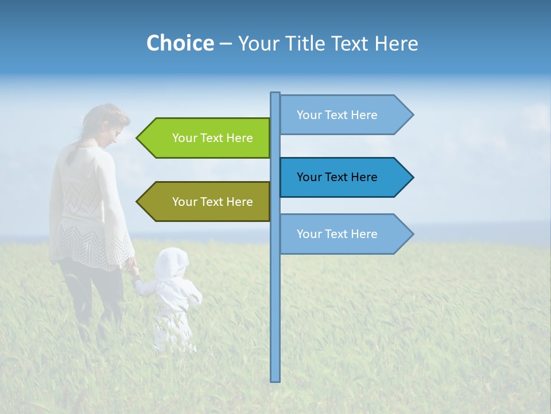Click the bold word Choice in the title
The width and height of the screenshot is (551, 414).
[180, 43]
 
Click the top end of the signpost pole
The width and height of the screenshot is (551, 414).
[275, 94]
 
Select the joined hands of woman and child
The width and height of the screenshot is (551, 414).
[133, 268]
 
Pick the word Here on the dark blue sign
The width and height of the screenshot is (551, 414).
[364, 177]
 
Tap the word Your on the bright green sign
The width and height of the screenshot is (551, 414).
[184, 138]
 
